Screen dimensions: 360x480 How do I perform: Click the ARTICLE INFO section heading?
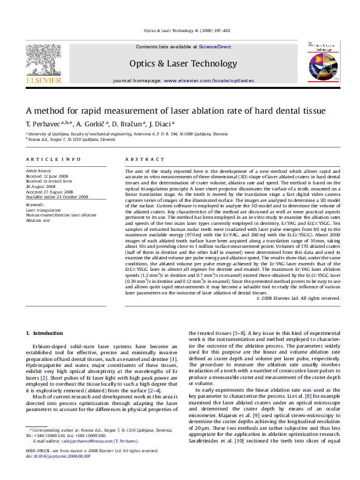click(x=50, y=159)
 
